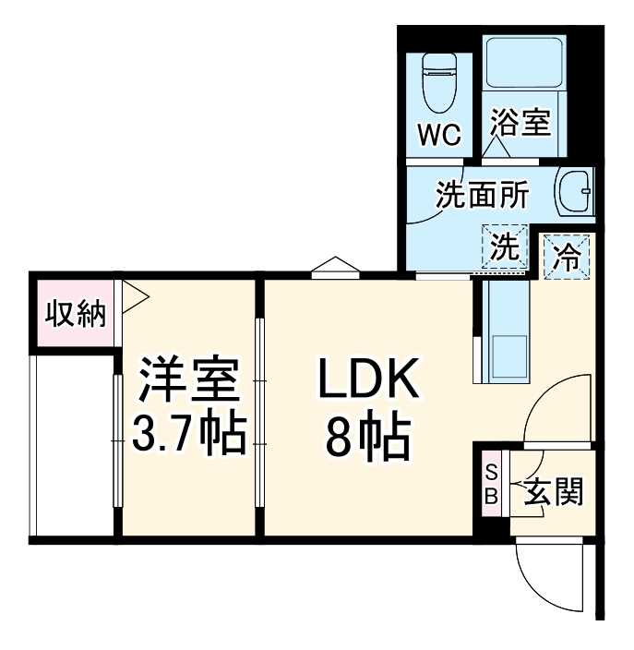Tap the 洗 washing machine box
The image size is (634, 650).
(x=504, y=247)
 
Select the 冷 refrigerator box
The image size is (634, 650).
(x=565, y=255)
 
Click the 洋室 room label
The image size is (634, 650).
(x=189, y=379)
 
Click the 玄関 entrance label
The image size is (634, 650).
(x=554, y=492)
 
